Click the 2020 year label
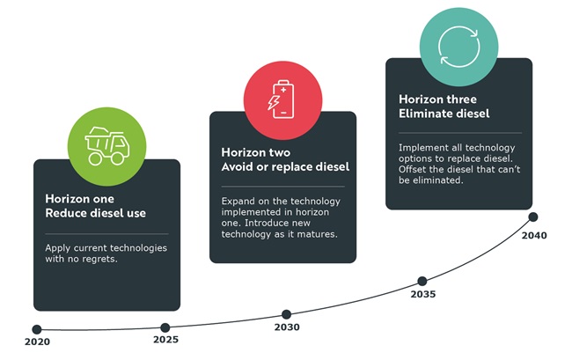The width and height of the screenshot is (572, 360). pos(37,342)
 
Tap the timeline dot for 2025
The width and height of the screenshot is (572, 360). pos(165,327)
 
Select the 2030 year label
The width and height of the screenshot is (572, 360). pos(287,327)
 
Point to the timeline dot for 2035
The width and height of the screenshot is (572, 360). pos(422,281)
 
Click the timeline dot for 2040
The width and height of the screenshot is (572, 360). pos(533,217)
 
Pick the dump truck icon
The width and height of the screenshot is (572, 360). pos(106,146)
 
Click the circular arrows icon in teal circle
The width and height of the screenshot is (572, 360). pos(458,47)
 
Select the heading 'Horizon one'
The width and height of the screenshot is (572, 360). pos(79,199)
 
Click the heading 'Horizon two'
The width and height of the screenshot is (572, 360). pos(256,152)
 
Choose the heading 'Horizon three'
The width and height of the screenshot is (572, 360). pos(437,99)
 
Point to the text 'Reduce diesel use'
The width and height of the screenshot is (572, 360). pos(96,213)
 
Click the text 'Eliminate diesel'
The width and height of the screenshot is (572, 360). pos(444,114)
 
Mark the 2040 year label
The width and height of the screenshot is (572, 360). pos(534,236)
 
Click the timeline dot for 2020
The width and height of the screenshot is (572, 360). pos(37,329)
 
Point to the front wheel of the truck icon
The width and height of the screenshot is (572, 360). pos(117,158)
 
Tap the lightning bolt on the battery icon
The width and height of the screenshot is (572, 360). pos(274,102)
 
